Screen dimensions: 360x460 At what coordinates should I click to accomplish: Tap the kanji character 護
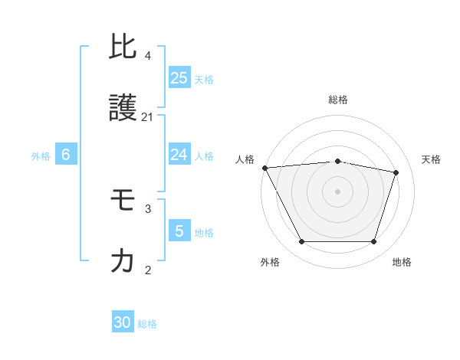[x=123, y=109]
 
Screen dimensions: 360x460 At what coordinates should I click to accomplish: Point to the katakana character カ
[x=123, y=261]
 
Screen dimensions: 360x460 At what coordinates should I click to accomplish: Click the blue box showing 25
[x=179, y=77]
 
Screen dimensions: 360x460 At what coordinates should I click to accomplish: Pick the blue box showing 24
[x=179, y=155]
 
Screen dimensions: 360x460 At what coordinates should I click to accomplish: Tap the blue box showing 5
[x=179, y=231]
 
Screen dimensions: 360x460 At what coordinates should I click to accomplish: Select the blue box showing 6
[x=66, y=155]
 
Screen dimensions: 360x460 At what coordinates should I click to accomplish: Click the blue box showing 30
[x=123, y=322]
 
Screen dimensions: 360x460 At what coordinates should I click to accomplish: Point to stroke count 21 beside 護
[x=148, y=117]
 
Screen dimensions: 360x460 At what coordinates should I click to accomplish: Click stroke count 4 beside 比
[x=148, y=56]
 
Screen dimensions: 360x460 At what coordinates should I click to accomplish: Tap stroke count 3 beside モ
[x=148, y=208]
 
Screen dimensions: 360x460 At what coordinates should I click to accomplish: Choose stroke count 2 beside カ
[x=148, y=270]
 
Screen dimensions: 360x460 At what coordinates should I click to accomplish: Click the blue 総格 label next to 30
[x=147, y=324]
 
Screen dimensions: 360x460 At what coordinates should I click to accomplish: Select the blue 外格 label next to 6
[x=41, y=156]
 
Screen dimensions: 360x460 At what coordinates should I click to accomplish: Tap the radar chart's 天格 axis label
[x=431, y=159]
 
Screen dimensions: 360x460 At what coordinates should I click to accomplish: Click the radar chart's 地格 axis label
[x=402, y=262]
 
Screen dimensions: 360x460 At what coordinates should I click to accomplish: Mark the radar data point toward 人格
[x=264, y=168]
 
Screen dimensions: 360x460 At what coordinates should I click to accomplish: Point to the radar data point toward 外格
[x=301, y=242]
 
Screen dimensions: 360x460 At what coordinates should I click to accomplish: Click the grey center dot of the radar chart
[x=337, y=191]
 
